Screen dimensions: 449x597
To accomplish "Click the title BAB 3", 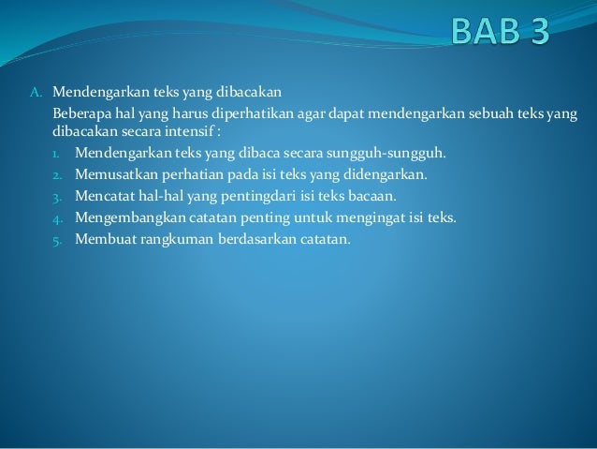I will (x=501, y=31).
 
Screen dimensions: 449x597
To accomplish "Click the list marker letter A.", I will (x=35, y=93).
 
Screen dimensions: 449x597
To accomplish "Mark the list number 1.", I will (x=56, y=154).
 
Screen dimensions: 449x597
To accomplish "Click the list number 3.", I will (x=56, y=197).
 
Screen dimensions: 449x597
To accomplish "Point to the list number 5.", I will (x=56, y=240).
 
